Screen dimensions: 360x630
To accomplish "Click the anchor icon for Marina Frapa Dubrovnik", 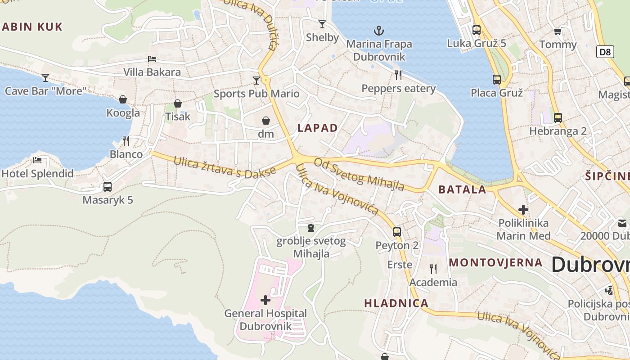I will pos(379,31).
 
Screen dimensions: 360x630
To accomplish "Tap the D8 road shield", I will pos(606,52).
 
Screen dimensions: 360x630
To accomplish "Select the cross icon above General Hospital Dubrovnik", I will pos(265,300).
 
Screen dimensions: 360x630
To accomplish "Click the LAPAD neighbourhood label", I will pos(317,128).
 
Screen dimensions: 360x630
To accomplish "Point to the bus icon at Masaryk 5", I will pos(107,186).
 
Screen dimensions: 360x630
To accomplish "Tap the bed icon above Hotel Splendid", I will pos(37,160).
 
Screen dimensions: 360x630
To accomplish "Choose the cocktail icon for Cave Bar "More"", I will pos(45,78).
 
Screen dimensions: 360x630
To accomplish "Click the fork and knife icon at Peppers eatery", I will pos(398,75).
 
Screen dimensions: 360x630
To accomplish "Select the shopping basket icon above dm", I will pos(265,121).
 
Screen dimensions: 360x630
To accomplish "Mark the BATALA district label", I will pos(462,189).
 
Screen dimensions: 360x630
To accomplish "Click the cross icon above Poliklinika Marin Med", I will pos(523,210).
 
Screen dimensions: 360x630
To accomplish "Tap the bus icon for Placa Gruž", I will pos(496,80).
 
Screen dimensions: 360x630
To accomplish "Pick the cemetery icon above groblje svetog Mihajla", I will pos(310,228).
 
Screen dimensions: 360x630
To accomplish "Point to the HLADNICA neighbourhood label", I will pos(396,303).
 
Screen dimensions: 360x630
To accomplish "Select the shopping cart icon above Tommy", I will pos(558,31).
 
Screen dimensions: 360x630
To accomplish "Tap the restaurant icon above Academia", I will pos(433,269).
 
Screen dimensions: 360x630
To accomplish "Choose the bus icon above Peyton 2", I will pos(396,232).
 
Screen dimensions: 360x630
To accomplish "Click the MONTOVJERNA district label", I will pos(495,262).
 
